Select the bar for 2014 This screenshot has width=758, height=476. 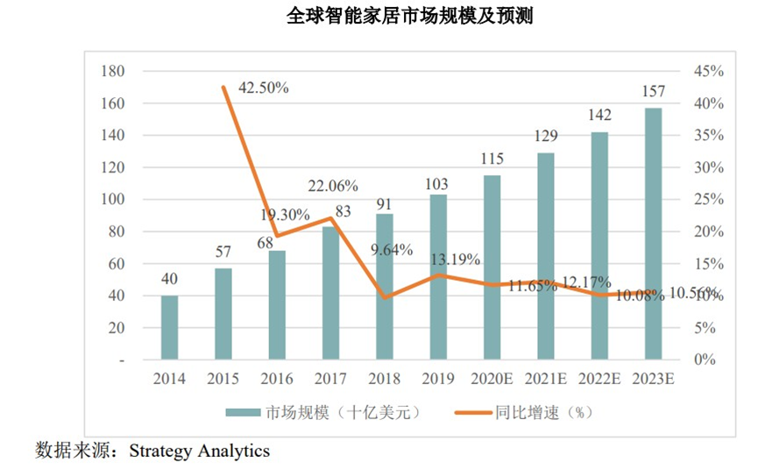coord(169,328)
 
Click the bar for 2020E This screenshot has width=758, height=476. coord(492,268)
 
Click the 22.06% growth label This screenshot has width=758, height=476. coord(332,185)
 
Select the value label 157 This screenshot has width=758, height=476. coord(653,91)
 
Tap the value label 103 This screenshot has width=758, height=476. coord(436,184)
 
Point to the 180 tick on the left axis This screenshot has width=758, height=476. coord(114,71)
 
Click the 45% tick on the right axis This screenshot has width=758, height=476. coord(707,71)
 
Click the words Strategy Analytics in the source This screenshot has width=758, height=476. coord(200,451)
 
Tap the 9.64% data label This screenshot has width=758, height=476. coord(391,248)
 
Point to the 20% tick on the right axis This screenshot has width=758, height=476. coord(707,232)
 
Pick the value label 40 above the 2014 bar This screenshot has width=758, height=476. coord(169,280)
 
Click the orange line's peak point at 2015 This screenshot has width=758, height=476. coord(223,87)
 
